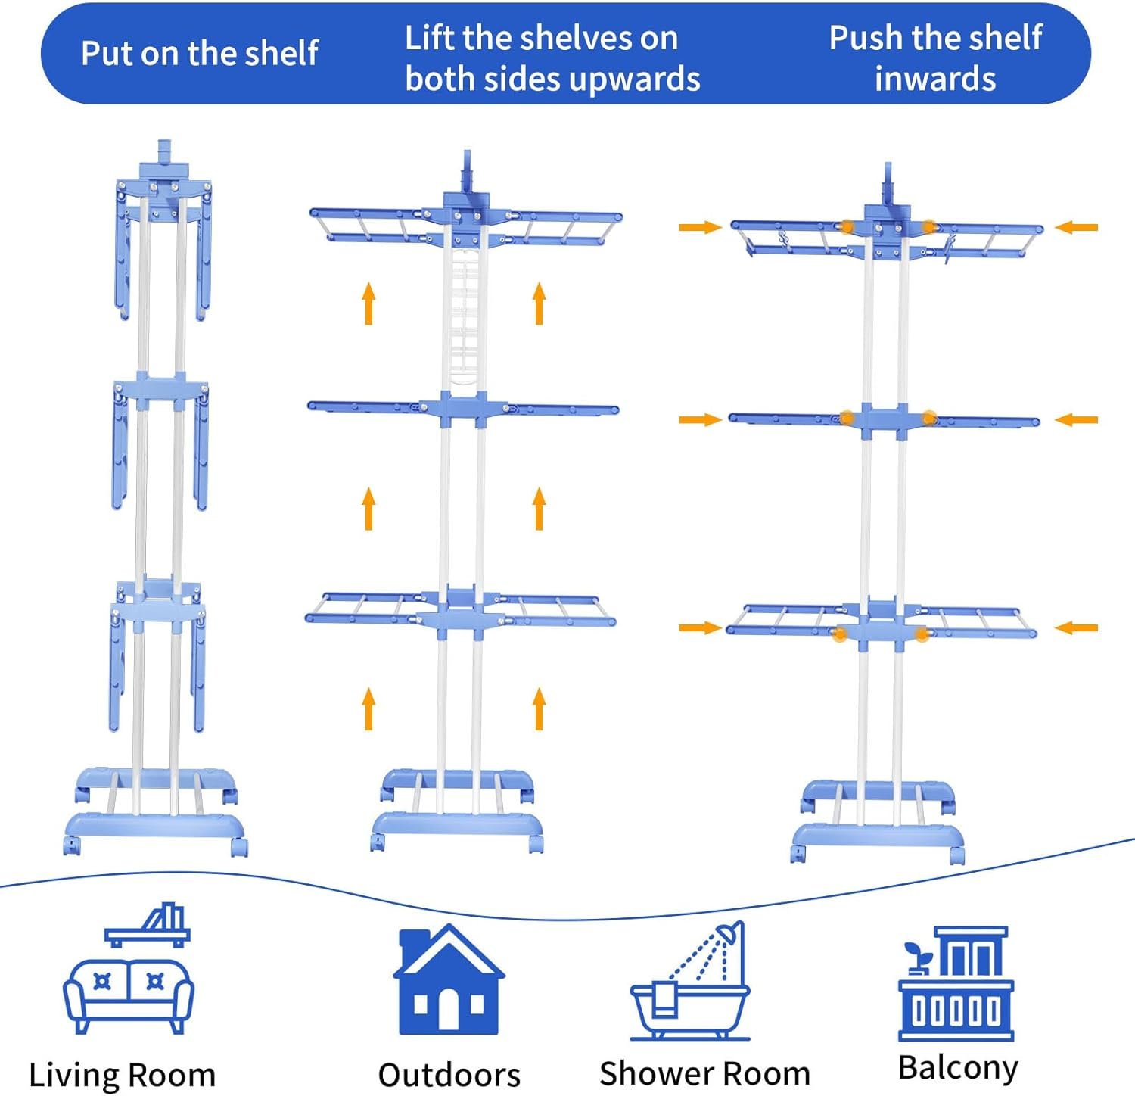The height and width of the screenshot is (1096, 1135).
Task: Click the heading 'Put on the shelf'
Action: tap(199, 54)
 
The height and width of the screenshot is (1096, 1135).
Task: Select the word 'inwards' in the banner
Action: tap(935, 79)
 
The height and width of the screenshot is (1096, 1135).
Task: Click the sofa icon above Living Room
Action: tap(128, 994)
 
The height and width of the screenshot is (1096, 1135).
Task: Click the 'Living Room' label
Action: tap(122, 1075)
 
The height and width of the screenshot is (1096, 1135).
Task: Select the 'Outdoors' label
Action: tap(449, 1075)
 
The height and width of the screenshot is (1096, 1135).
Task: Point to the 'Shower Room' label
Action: tap(704, 1073)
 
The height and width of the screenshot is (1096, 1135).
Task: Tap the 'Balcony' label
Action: tap(958, 1067)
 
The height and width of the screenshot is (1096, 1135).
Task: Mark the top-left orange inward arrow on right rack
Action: tap(700, 227)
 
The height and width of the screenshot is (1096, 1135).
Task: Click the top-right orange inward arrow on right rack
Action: tap(1076, 227)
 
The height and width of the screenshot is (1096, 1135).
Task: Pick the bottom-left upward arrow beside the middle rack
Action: tap(368, 708)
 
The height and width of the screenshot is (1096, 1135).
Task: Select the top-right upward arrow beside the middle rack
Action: tap(539, 304)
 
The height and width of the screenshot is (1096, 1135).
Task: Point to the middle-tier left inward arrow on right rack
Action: tap(700, 420)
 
